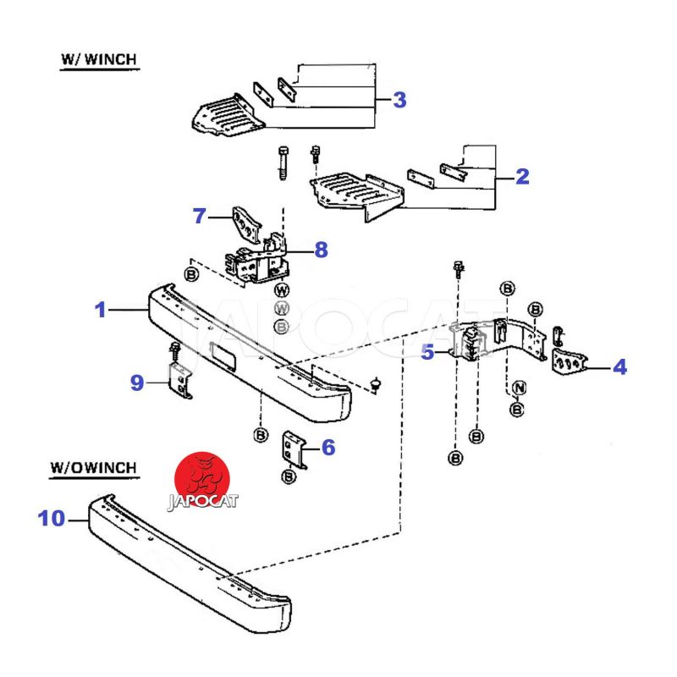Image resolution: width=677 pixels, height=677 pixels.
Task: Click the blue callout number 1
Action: point(101,311)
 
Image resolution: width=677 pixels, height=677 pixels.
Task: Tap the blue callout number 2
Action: point(521,177)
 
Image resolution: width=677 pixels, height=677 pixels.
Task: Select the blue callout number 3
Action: point(399,100)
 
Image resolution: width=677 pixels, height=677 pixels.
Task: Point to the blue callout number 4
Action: point(620,367)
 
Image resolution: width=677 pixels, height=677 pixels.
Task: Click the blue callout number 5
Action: point(427,352)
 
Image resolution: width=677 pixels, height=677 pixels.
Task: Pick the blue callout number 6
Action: point(327,448)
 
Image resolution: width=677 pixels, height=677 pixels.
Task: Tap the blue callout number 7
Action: point(200,216)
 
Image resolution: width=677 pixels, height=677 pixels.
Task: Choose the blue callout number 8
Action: point(320,250)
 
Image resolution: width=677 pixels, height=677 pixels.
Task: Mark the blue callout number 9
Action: point(137,383)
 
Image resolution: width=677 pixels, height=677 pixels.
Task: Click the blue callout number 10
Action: point(52,518)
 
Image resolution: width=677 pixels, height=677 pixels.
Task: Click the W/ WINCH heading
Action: point(99,60)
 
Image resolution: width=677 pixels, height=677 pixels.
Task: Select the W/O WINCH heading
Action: point(94,466)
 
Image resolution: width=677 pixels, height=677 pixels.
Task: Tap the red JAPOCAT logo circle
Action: point(203,478)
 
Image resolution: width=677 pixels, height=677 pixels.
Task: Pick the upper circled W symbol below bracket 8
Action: point(282,290)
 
